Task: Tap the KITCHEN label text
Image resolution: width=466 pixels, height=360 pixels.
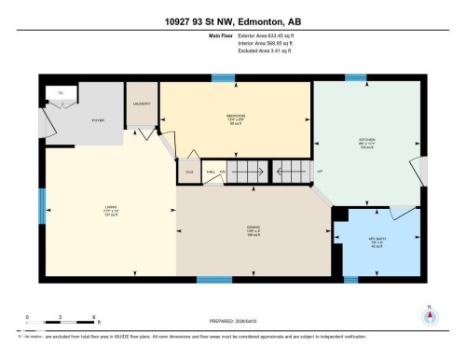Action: click(367, 141)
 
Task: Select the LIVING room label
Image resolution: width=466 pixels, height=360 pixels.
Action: click(109, 207)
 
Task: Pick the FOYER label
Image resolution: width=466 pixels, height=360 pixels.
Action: click(98, 119)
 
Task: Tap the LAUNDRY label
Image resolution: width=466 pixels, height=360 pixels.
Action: click(142, 104)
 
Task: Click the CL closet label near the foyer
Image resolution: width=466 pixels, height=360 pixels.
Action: click(61, 93)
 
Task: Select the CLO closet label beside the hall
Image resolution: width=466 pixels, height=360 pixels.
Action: click(188, 172)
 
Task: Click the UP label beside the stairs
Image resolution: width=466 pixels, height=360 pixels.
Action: click(320, 172)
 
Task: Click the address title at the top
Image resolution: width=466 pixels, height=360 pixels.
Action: click(233, 18)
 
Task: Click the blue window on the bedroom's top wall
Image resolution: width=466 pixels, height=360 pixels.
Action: click(222, 77)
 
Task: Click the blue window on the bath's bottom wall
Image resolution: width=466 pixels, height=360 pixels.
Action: click(350, 279)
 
